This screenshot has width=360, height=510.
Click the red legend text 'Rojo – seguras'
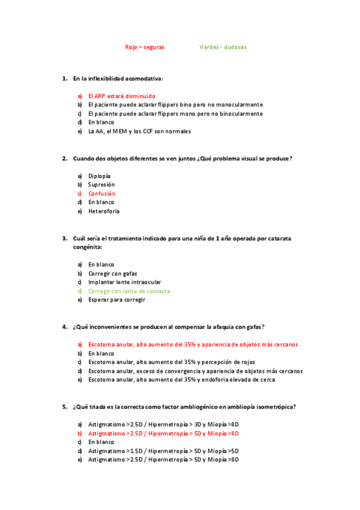coord(144,47)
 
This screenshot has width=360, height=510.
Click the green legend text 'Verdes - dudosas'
coord(223,47)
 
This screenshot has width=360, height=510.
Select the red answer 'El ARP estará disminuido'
coord(121,96)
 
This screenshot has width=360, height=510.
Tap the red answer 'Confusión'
coord(102,194)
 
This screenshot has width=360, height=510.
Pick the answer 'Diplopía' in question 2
coord(99,176)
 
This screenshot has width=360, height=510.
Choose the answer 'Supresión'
coord(101,185)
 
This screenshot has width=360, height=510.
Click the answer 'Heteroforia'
coord(103,211)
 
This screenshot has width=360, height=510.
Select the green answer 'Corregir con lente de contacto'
coord(129,291)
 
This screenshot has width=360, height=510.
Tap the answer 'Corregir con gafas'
coord(112,273)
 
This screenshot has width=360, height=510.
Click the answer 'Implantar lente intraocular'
coord(124,282)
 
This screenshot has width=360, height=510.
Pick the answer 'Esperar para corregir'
coord(117,300)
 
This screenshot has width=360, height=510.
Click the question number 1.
coord(64,78)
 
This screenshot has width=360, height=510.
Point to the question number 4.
coord(64,327)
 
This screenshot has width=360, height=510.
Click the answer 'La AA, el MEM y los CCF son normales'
coord(139,131)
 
